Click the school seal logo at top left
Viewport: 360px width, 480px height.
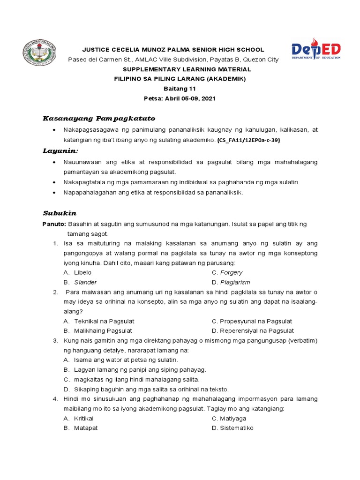coord(39,52)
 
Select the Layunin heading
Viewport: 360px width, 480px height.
coord(60,151)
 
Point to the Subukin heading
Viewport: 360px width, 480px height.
coord(60,213)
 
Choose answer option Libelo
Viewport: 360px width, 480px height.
coord(83,272)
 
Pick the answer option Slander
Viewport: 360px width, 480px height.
coord(85,282)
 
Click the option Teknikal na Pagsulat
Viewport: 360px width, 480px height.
coord(104,321)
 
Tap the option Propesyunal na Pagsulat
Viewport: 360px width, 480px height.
coord(256,321)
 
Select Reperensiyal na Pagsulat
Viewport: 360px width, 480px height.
coord(257,331)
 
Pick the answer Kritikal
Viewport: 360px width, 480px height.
coord(84,418)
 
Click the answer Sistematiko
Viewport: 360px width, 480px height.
coord(236,428)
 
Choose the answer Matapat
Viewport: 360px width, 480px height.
coord(86,428)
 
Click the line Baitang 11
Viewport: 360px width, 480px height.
coord(180,89)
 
